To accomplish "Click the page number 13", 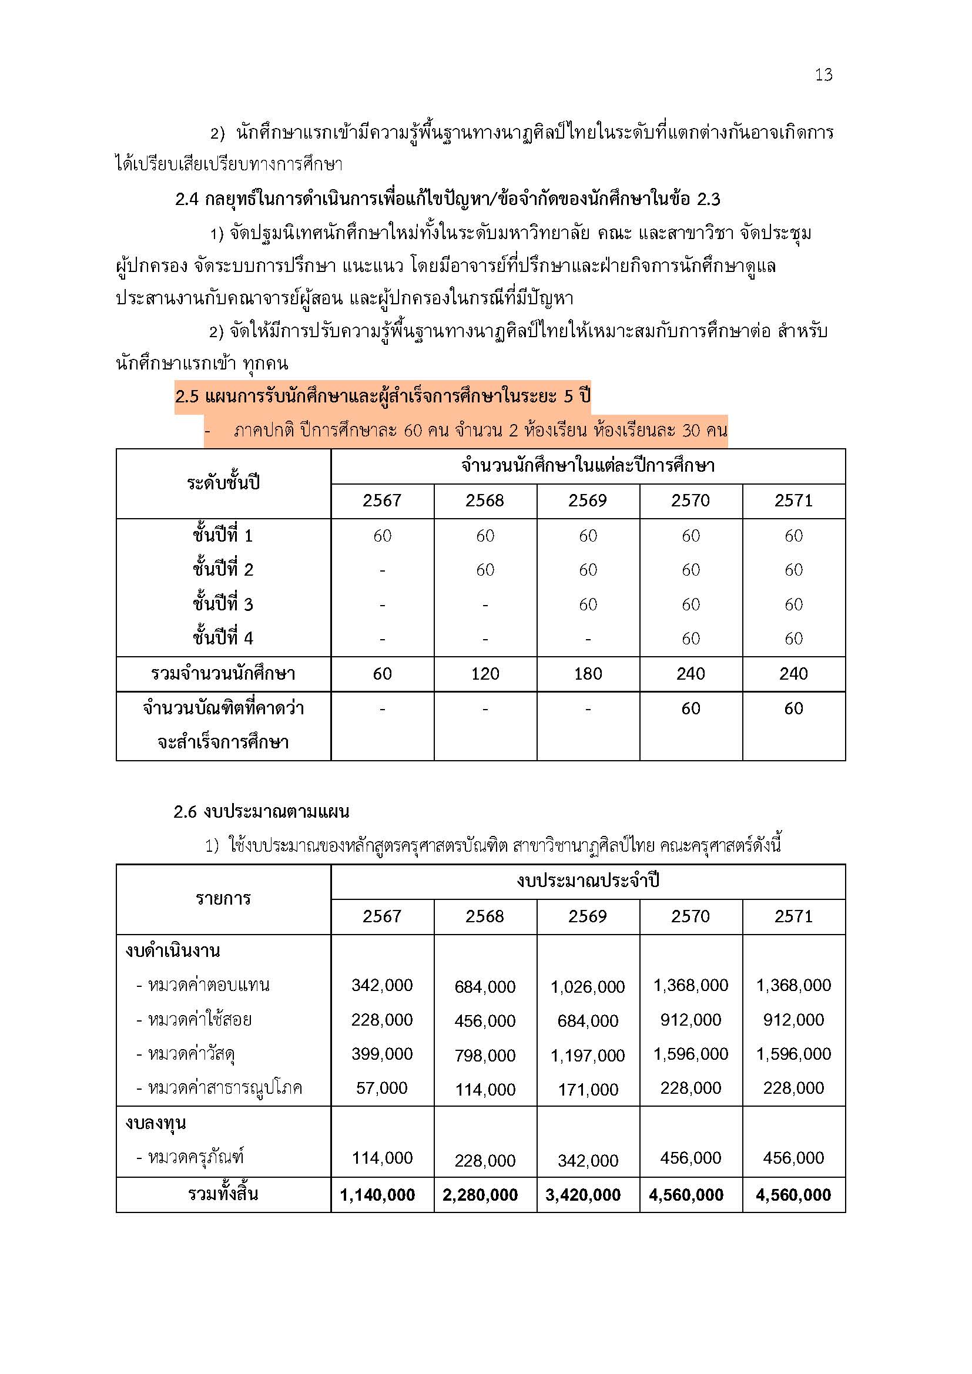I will tap(823, 75).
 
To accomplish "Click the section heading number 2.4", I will tap(187, 199).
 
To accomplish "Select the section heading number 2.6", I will tap(186, 812).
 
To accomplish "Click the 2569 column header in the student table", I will tap(587, 500).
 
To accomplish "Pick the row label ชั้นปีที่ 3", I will tap(223, 604).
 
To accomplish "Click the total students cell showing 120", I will tap(485, 674).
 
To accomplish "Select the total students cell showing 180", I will tap(587, 674).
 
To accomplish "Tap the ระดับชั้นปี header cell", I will tap(223, 483).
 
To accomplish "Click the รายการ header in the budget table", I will tap(223, 899).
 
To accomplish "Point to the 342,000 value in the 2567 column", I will tap(382, 985).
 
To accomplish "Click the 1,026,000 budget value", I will tap(587, 986).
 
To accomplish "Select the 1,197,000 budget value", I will tap(587, 1055).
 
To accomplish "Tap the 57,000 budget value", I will tap(382, 1088).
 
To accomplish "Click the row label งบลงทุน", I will tap(156, 1123).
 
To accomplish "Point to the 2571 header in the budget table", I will tap(793, 916).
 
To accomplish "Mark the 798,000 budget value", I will tap(485, 1055).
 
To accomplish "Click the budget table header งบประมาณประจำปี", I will tap(587, 882).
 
